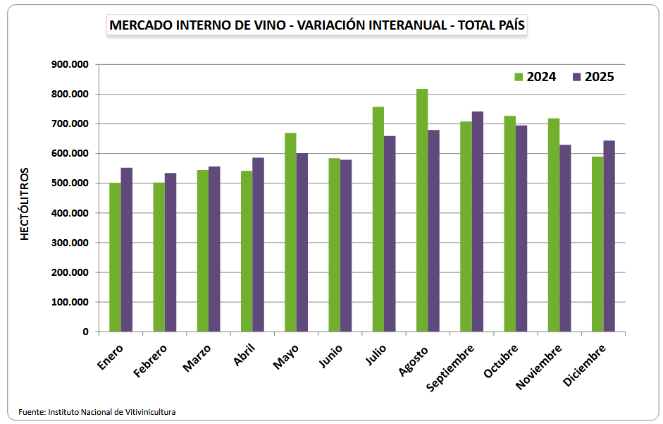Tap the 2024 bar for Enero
click(x=115, y=258)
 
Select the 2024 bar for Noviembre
click(x=554, y=225)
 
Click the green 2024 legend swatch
click(x=519, y=77)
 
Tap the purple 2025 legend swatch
click(x=577, y=77)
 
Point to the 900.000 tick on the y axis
click(x=70, y=64)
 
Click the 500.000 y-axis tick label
click(x=70, y=183)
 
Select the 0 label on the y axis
click(x=85, y=332)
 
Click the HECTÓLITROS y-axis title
click(x=25, y=204)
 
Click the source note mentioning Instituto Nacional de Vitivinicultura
click(x=97, y=411)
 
